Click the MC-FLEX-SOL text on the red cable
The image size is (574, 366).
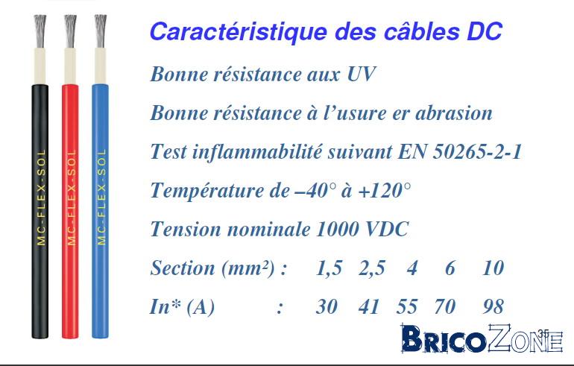coord(71,198)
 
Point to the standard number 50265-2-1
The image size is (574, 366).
coord(478,151)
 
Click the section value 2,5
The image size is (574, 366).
coord(371,268)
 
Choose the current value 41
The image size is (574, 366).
coord(369,306)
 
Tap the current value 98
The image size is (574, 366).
coord(493,306)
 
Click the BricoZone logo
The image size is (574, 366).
coord(481,341)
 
